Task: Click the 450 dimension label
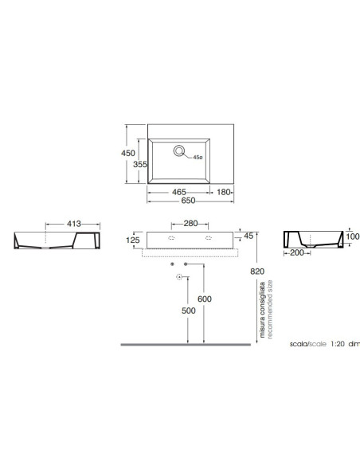click(128, 153)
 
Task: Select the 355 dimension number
click(140, 164)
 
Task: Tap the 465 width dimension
click(179, 192)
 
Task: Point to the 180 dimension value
click(224, 192)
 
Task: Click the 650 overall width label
click(188, 201)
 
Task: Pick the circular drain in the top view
click(179, 150)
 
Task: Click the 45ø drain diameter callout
click(198, 157)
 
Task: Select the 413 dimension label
click(74, 223)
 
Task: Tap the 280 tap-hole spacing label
click(190, 223)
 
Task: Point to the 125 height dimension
click(132, 240)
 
